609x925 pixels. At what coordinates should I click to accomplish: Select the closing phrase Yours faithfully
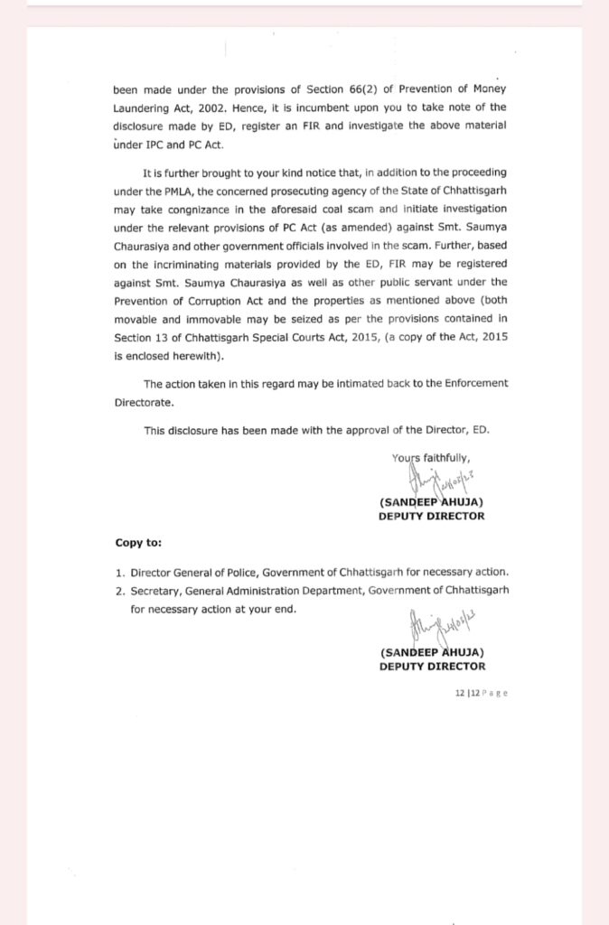[x=431, y=457]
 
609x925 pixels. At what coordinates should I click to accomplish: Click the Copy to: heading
[x=138, y=543]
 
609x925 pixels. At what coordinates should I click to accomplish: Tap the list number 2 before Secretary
[x=118, y=590]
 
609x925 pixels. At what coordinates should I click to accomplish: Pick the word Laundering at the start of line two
[x=141, y=107]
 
